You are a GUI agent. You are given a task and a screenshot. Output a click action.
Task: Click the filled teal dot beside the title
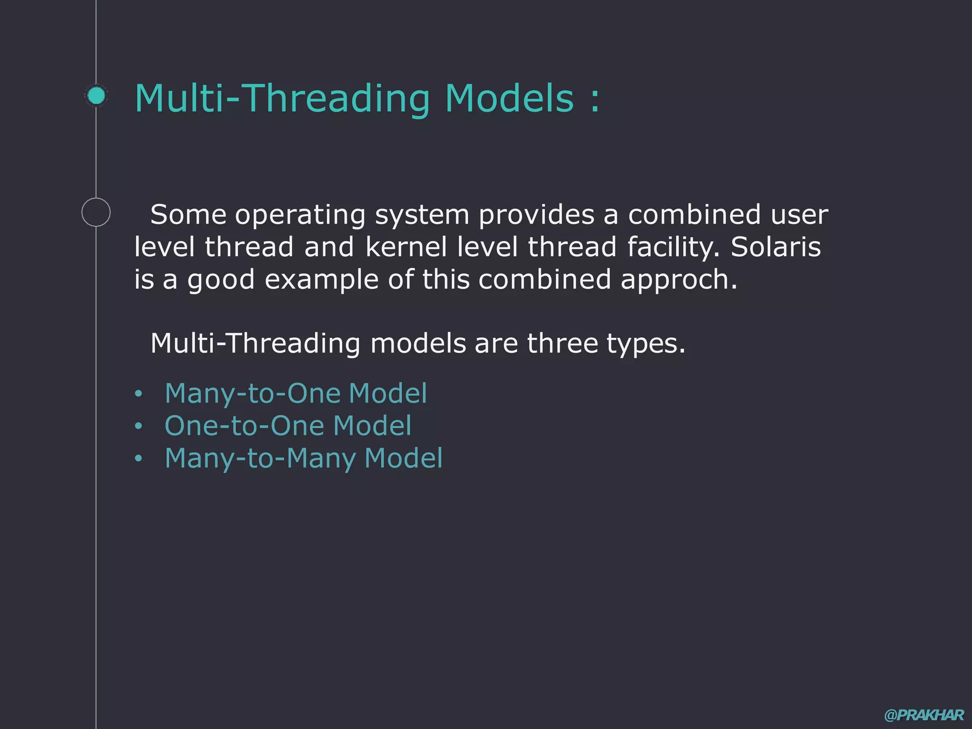coord(96,96)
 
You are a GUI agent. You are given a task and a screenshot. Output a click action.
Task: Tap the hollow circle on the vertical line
coord(96,212)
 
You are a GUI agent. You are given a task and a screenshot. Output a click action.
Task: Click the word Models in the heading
coord(509,98)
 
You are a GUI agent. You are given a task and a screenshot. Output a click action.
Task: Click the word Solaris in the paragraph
coord(776,247)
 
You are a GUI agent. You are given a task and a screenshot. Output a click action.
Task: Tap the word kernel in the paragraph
coord(406,247)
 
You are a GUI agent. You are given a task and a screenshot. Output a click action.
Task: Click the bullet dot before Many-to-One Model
coord(138,393)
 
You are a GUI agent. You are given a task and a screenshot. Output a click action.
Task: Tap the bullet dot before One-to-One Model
coord(138,426)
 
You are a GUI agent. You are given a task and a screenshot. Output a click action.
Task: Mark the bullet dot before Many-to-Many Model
coord(138,458)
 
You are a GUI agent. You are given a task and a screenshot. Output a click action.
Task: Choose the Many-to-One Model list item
coord(296,393)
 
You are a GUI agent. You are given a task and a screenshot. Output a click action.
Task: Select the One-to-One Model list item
coord(288,426)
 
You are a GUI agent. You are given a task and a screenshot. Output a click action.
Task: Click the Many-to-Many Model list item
coord(303,458)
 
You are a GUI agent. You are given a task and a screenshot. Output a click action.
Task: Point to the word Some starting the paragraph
coord(188,215)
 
